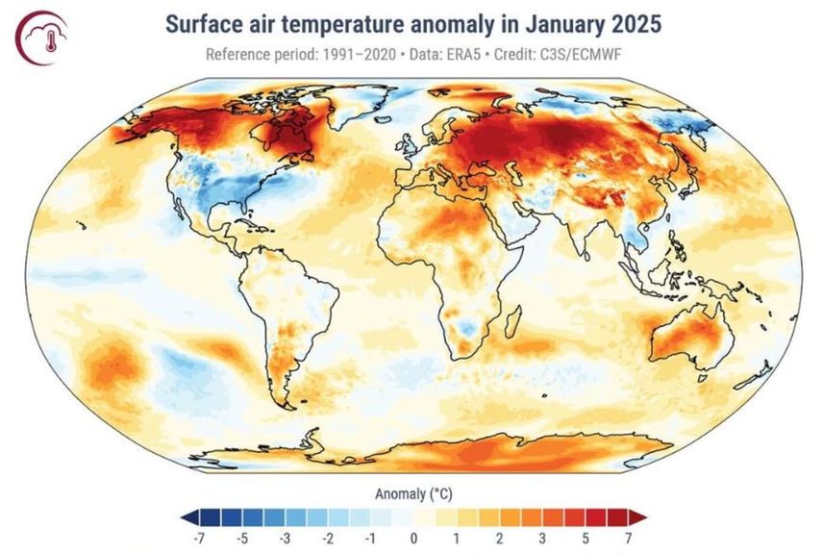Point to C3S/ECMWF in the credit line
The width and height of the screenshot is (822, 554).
point(573,54)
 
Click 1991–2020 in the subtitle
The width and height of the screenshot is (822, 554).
point(351,54)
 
